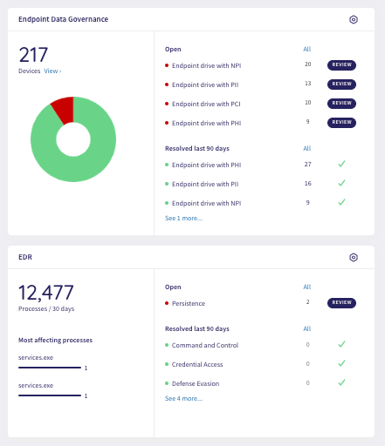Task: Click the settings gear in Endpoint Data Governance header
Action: tap(353, 19)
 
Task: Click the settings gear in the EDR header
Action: tap(353, 258)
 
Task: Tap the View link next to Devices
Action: tap(53, 71)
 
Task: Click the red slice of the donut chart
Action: tap(63, 109)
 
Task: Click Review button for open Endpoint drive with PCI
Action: tap(341, 104)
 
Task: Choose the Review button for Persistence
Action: tap(341, 303)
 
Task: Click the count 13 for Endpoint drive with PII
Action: tap(307, 84)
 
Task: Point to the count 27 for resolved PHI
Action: tap(307, 164)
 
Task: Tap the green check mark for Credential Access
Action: tap(341, 364)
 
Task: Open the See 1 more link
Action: tap(183, 218)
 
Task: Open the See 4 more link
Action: tap(183, 398)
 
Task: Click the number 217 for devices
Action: tap(33, 54)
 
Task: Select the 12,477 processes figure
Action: tap(46, 293)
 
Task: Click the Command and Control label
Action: tap(205, 345)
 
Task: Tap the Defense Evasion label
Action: tap(196, 383)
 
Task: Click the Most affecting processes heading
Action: tap(55, 340)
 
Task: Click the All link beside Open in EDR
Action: tap(306, 287)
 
